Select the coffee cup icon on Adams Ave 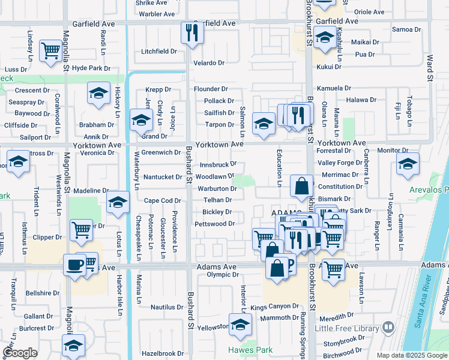tap(74, 265)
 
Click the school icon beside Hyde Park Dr tap(98, 93)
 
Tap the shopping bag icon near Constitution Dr tap(300, 187)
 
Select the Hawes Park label tap(250, 350)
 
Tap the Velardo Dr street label tap(208, 62)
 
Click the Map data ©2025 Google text tap(411, 355)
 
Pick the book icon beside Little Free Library tap(388, 328)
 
